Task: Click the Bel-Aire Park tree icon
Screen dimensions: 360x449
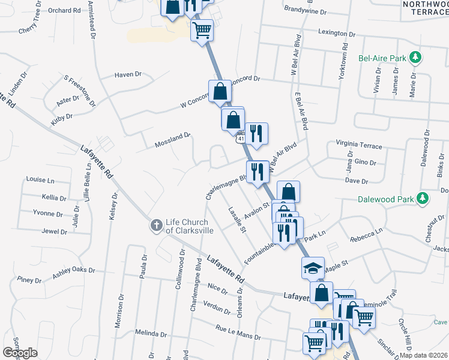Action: (x=415, y=58)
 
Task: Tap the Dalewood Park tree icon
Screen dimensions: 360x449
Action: (x=423, y=198)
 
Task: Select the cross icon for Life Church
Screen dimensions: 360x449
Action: (x=155, y=226)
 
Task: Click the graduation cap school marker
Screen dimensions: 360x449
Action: (x=312, y=268)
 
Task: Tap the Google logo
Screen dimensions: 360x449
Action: (x=20, y=353)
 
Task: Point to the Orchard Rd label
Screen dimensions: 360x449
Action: (x=64, y=11)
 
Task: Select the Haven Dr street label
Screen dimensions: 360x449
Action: (x=127, y=75)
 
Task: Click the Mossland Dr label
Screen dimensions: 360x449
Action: (x=172, y=140)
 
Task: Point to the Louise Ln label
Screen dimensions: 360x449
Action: (x=40, y=179)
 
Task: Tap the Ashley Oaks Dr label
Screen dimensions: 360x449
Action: (x=73, y=271)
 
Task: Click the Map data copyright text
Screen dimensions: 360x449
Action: (x=422, y=355)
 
